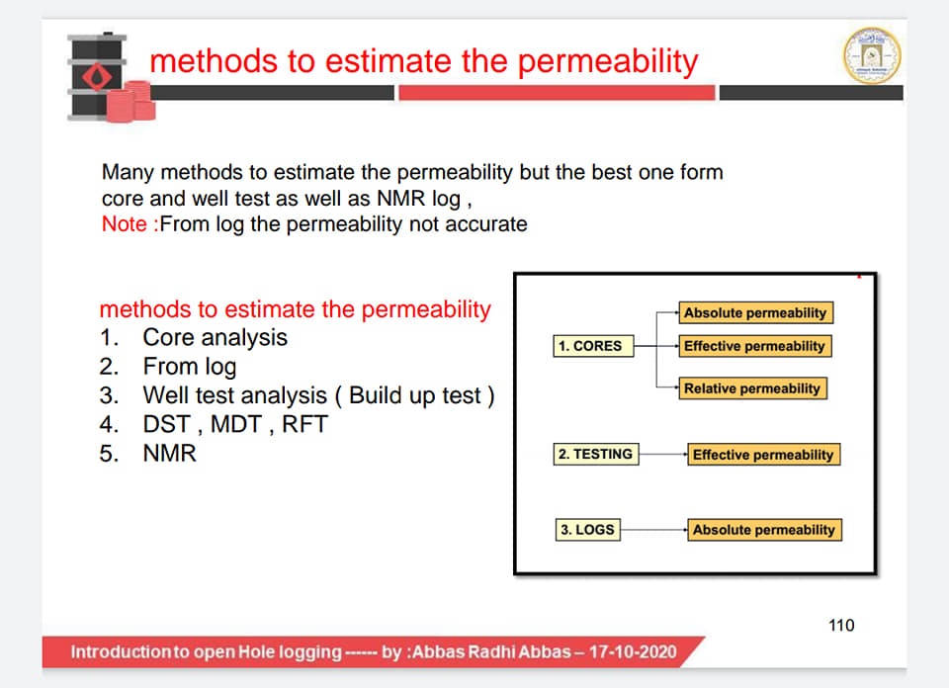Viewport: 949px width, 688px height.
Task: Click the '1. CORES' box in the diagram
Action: (593, 346)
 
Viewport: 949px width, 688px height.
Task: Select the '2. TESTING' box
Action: (595, 454)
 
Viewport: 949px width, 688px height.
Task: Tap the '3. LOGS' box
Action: (587, 530)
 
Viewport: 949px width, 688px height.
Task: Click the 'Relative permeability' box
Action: (752, 388)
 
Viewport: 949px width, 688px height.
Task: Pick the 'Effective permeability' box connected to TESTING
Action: (763, 455)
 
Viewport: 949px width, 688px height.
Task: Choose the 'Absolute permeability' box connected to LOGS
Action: (764, 530)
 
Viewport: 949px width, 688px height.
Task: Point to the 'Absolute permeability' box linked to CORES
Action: (755, 312)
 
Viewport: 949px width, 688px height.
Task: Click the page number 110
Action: (841, 625)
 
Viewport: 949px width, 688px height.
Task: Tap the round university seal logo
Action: (872, 55)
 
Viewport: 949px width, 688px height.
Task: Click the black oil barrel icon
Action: (97, 77)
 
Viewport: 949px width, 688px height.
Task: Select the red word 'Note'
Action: (125, 223)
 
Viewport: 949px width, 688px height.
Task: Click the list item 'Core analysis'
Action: (215, 338)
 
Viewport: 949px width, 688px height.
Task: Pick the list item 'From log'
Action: (190, 367)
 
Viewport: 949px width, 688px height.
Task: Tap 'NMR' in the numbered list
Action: (169, 453)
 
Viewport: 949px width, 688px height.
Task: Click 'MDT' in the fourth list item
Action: (235, 424)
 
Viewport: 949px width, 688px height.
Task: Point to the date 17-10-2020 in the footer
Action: (633, 651)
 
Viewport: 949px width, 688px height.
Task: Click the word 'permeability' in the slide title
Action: (608, 61)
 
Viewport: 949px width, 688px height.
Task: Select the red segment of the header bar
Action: (557, 93)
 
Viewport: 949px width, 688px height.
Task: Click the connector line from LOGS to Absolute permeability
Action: (653, 530)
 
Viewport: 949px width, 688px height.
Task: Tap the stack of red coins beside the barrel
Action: (131, 102)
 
